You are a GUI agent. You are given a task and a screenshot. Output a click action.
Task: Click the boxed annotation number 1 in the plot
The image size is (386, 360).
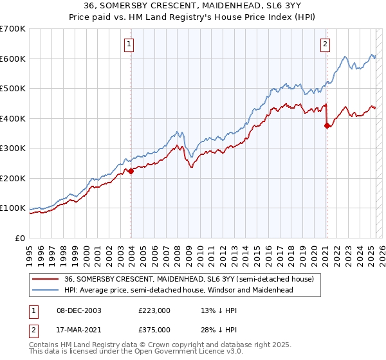[x=129, y=44]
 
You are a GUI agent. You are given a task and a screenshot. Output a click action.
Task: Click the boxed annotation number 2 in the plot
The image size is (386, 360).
[x=326, y=44]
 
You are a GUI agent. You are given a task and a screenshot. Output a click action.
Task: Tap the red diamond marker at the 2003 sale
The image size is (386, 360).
[x=131, y=171]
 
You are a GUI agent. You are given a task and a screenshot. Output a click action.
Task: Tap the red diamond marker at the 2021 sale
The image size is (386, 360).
[x=327, y=126]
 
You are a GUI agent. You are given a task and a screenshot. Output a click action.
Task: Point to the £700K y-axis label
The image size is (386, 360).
[x=13, y=29]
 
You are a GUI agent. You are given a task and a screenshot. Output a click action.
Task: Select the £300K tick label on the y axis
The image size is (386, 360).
[x=13, y=148]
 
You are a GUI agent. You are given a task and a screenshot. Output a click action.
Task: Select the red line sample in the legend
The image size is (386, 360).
[x=46, y=279]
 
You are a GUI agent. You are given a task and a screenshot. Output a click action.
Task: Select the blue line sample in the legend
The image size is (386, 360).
[x=46, y=290]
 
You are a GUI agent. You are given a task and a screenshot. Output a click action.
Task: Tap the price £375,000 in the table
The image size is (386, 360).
[x=154, y=329]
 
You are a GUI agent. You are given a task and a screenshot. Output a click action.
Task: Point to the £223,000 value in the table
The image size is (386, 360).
[x=154, y=310]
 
